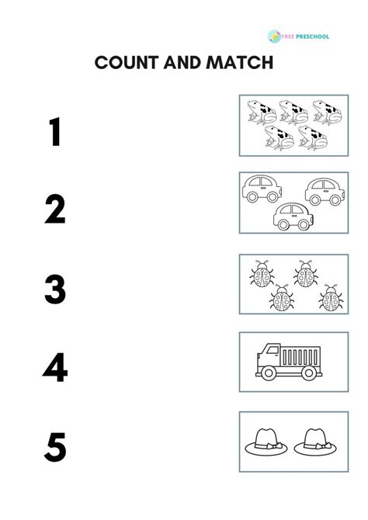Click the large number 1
(x=54, y=131)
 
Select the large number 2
(x=54, y=210)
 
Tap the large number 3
(x=55, y=289)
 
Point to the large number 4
(x=55, y=369)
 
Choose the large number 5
(x=55, y=448)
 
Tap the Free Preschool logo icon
(x=274, y=36)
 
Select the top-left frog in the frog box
(x=262, y=112)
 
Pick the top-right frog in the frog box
(x=327, y=112)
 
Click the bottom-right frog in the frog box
(x=313, y=137)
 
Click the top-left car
(x=262, y=189)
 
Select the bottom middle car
(x=293, y=217)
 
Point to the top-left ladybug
(x=260, y=274)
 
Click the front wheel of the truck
(x=269, y=373)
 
